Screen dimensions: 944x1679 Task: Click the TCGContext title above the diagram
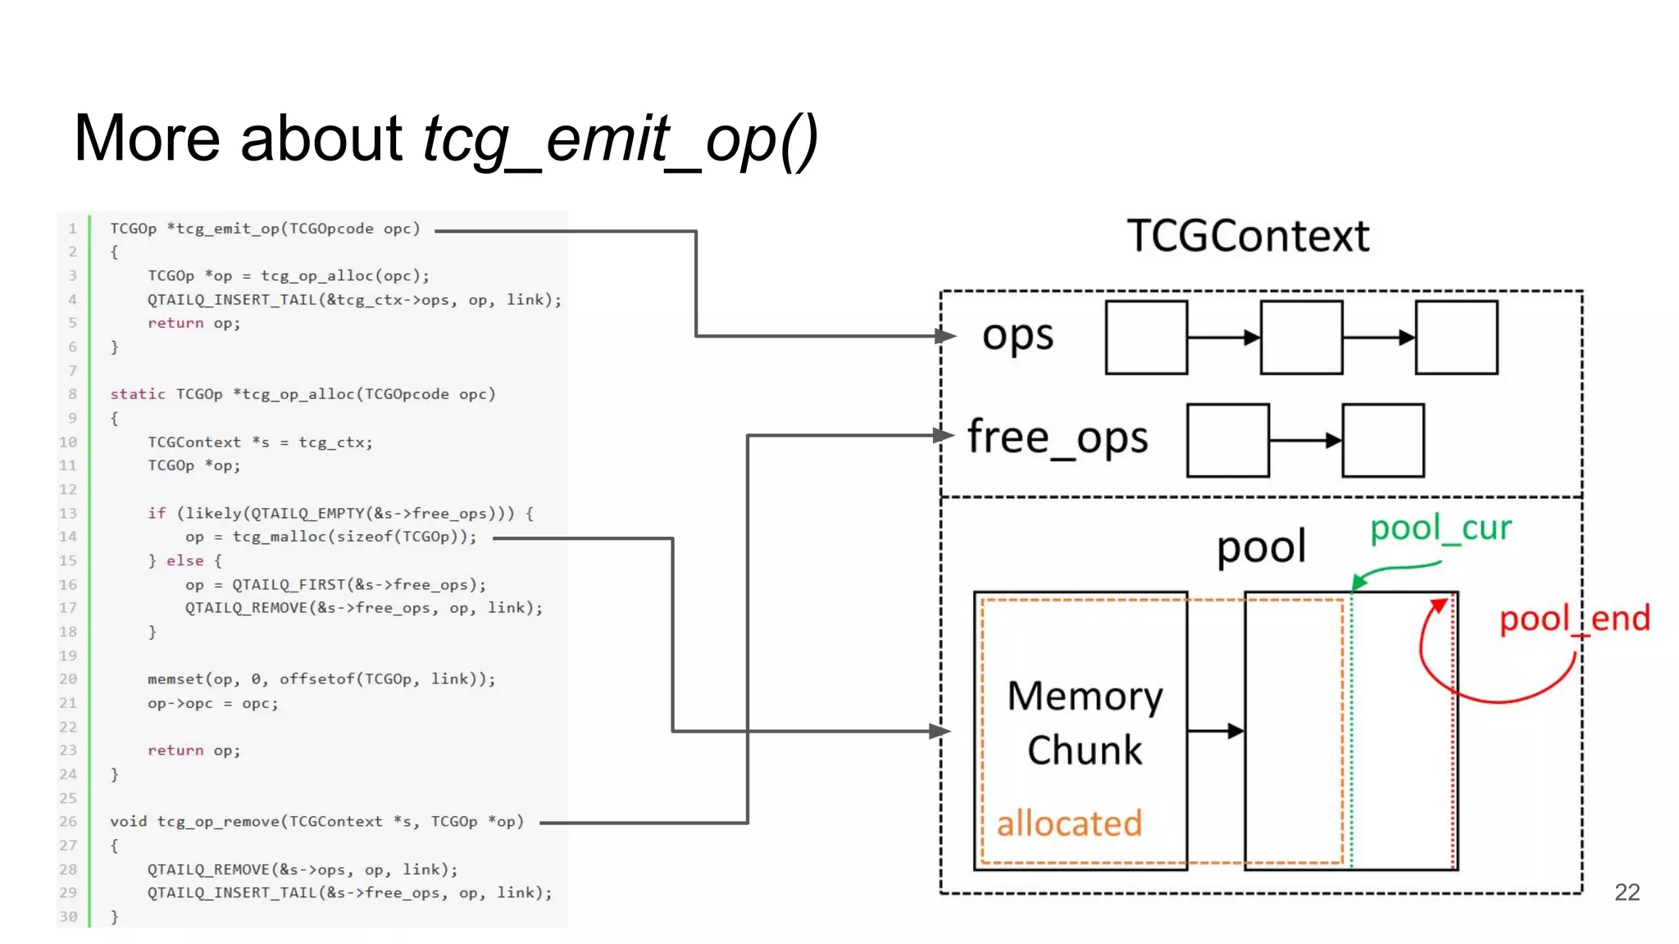[1247, 236]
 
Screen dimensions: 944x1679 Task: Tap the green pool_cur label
[1440, 529]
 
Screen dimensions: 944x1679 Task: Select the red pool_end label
[1574, 619]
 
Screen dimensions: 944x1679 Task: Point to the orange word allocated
[1069, 824]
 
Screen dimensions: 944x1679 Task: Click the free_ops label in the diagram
[1058, 438]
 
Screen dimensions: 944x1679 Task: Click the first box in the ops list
[1146, 338]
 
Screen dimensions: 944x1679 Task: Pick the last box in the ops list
[1456, 338]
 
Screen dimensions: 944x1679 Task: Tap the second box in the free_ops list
[1383, 440]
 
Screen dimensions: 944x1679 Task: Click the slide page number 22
[1627, 892]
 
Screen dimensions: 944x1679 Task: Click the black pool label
[1261, 547]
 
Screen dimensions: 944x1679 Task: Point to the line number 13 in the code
[68, 514]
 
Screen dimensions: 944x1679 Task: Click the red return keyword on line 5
[175, 324]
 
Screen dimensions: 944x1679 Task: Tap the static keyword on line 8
[138, 394]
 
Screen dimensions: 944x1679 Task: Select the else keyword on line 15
[185, 561]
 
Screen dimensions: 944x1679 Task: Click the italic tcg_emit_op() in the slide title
[620, 139]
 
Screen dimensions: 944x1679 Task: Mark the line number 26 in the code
[68, 822]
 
